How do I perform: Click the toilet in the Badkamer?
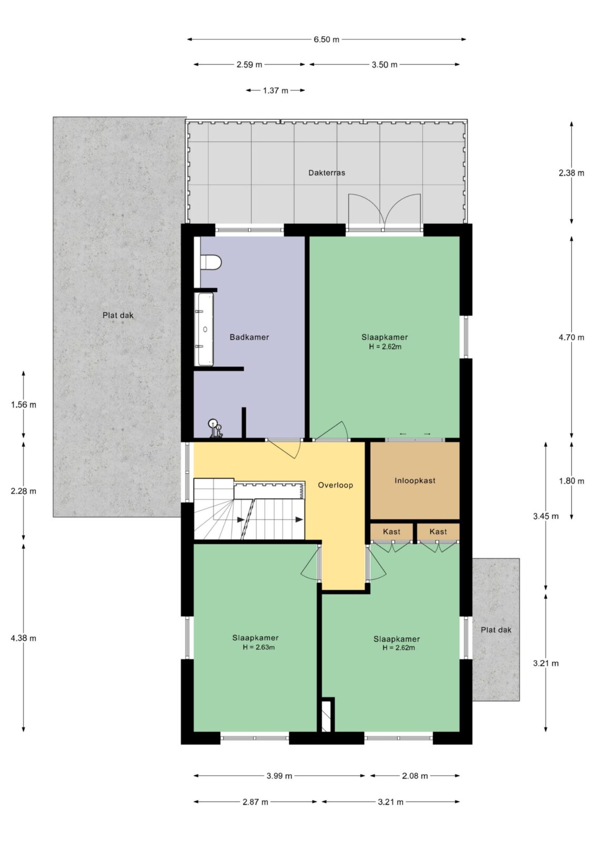(x=211, y=262)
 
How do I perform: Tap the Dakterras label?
(x=327, y=173)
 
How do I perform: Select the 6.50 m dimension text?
(x=327, y=39)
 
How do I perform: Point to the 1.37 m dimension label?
(x=276, y=90)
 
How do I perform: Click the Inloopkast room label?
(x=415, y=480)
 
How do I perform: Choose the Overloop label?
(x=336, y=485)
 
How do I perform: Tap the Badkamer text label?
(x=249, y=337)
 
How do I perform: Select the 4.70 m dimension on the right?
(x=571, y=337)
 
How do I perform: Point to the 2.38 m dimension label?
(x=571, y=173)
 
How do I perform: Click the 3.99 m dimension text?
(x=279, y=776)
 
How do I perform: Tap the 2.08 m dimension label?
(x=415, y=776)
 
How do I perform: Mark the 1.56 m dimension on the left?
(x=23, y=405)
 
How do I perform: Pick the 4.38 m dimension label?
(x=23, y=638)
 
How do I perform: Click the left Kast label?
(x=391, y=531)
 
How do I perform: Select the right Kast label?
(x=438, y=531)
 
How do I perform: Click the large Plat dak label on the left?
(x=118, y=315)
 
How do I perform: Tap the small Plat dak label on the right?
(x=496, y=630)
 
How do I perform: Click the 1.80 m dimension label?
(x=571, y=481)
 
